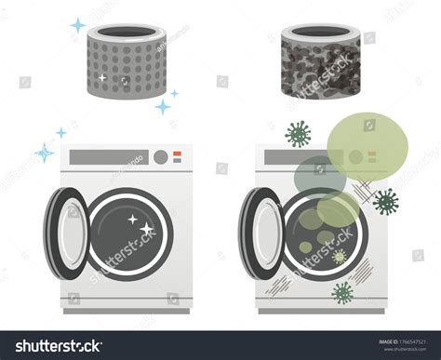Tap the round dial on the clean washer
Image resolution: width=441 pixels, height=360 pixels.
[160, 156]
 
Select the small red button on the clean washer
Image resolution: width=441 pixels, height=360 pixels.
[177, 156]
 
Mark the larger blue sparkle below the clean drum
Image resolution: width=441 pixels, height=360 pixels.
[163, 107]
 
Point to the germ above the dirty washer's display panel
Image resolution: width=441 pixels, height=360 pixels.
[298, 133]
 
